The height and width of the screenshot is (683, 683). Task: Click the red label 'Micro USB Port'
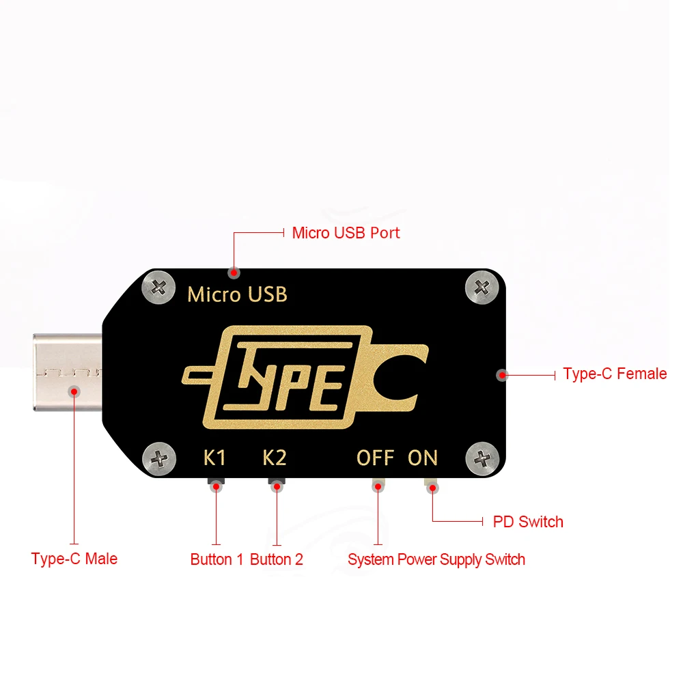(346, 233)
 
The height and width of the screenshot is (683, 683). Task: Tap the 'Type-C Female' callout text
(615, 374)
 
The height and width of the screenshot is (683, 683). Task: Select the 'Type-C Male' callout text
(74, 559)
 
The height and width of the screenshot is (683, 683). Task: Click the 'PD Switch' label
(528, 522)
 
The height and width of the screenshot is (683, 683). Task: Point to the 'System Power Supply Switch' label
(436, 560)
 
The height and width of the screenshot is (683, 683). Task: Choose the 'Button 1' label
(217, 560)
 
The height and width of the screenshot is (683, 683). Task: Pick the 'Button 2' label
(277, 560)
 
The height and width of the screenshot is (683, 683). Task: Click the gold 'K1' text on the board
(215, 458)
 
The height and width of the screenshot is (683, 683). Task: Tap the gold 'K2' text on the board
(275, 458)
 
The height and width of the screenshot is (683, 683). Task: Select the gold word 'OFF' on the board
(376, 458)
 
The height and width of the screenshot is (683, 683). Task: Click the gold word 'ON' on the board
(423, 458)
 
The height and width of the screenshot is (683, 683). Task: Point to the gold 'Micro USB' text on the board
(237, 295)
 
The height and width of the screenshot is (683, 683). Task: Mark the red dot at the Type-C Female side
(502, 374)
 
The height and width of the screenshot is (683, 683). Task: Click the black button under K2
(277, 486)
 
